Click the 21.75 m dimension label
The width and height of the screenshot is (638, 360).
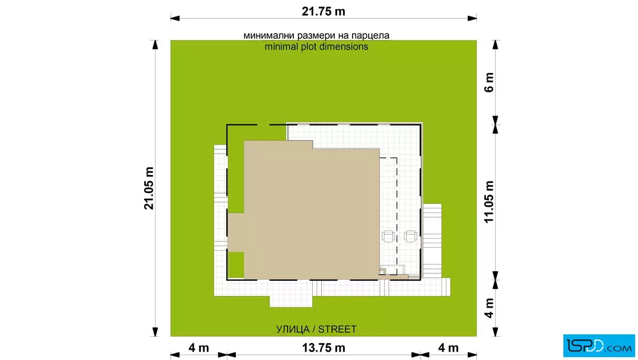point(324,11)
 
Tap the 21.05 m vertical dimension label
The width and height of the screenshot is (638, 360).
point(149,189)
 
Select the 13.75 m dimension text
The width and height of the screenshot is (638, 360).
point(324,348)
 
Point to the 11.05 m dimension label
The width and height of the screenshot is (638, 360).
point(489,202)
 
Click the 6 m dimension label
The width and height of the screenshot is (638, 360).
point(489,83)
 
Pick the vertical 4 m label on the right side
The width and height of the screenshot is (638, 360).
point(489,308)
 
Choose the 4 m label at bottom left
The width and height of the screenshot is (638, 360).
point(199,348)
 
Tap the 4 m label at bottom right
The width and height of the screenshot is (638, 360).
point(448,348)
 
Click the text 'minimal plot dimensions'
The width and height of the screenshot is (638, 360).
point(316,47)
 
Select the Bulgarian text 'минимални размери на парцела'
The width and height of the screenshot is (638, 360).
point(316,35)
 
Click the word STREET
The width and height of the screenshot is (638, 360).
point(337,329)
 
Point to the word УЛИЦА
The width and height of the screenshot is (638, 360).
point(293,329)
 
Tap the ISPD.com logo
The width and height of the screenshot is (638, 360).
point(599,346)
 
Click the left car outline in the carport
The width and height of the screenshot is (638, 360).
point(388,236)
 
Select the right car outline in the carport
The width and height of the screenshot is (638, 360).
point(410,236)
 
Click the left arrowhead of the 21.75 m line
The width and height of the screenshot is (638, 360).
point(175,18)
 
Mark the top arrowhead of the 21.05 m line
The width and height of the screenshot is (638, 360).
point(155,45)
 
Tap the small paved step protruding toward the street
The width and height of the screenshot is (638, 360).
point(291,301)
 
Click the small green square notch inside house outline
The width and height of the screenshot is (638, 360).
point(236,265)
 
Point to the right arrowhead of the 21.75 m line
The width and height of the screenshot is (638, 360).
point(472,18)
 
